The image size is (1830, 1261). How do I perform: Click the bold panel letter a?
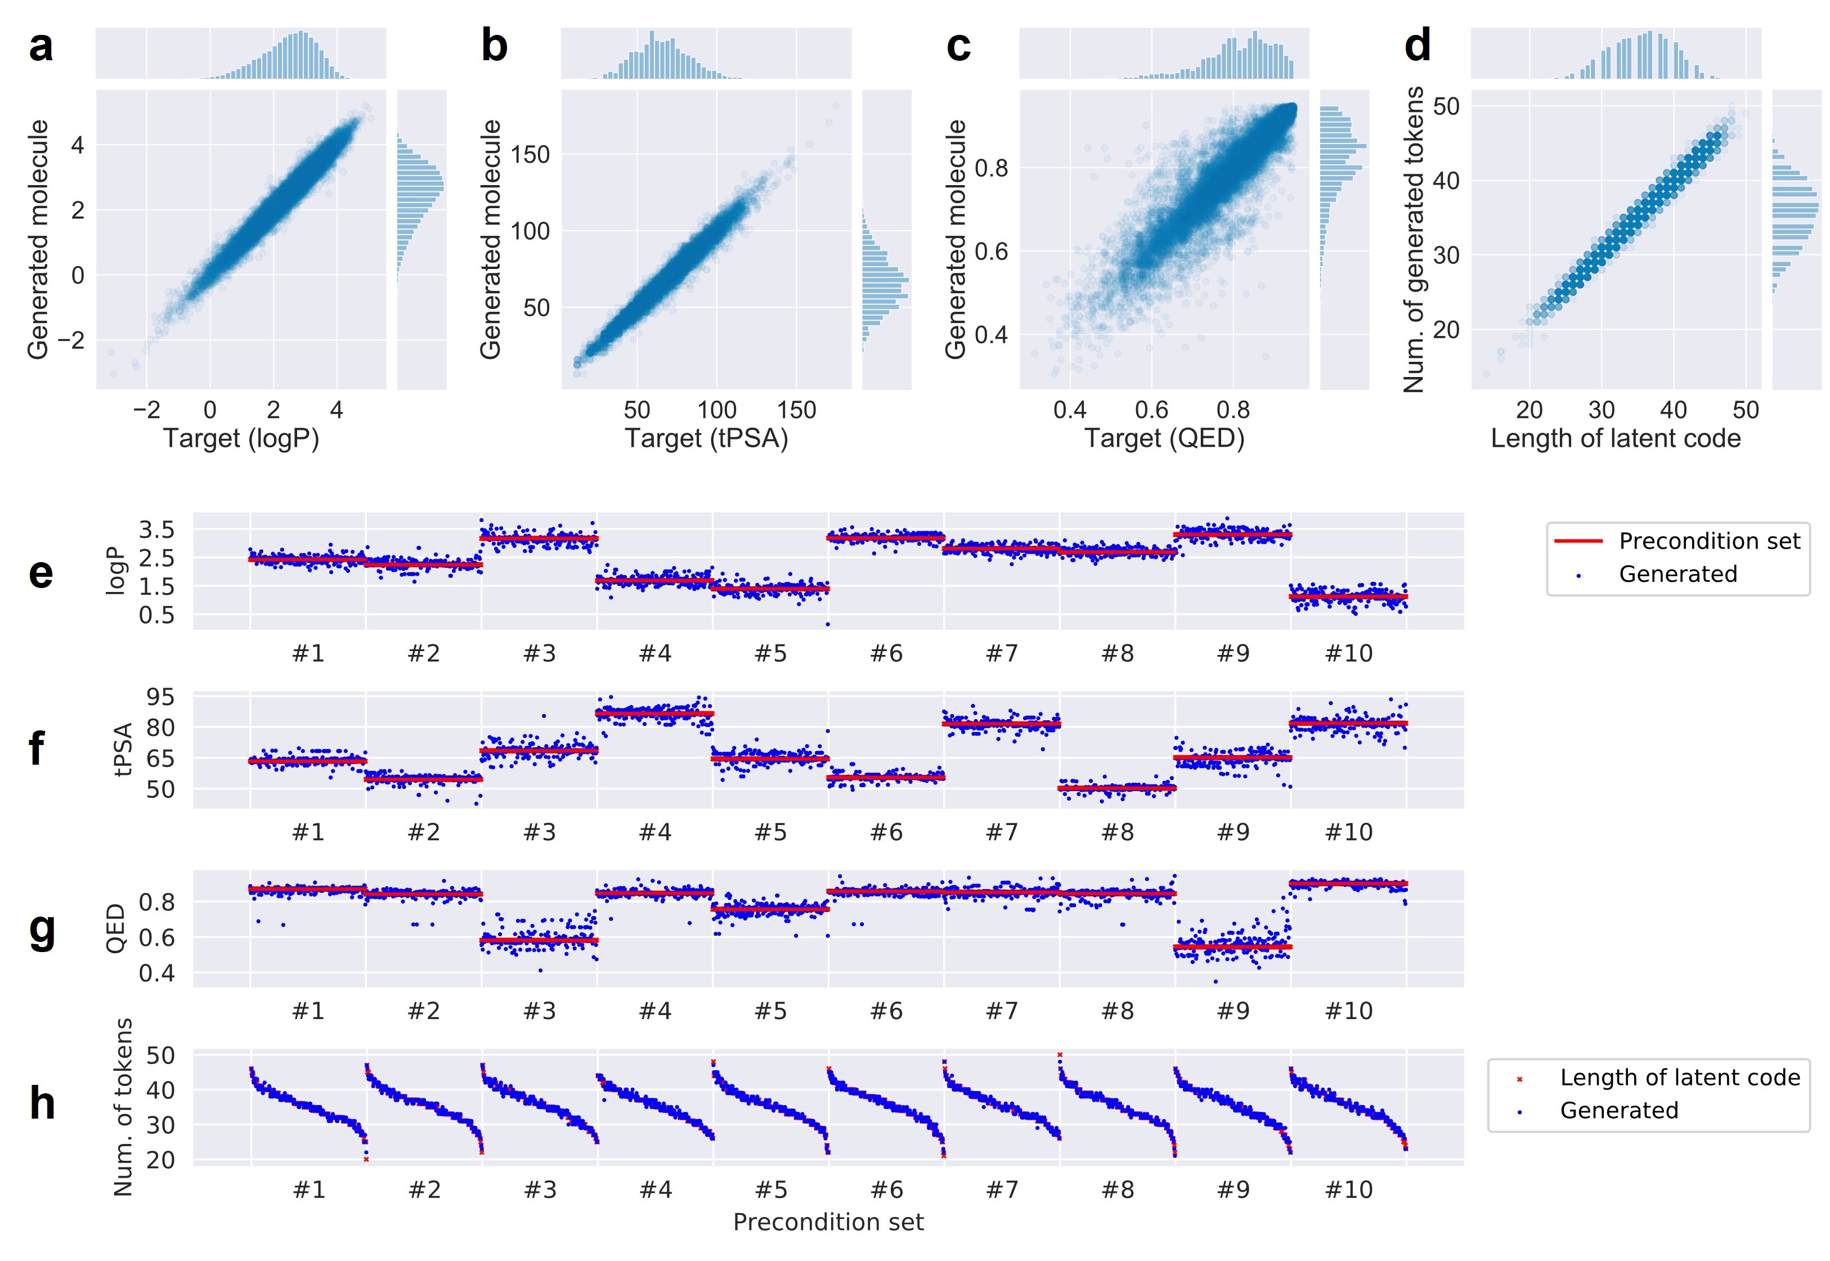coord(41,46)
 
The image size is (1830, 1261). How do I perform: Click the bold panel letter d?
coord(1418,45)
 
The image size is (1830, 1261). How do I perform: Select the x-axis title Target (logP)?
coord(241,438)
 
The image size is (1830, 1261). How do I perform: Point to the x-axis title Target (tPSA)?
coord(706,438)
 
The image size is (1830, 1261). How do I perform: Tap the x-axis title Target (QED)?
coord(1164,438)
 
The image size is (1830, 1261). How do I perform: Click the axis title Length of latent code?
coord(1615,438)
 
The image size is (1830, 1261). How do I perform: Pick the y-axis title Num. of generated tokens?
coord(1413,239)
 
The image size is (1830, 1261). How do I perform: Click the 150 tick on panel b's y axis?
coord(530,154)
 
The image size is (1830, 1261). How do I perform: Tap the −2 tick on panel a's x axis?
coord(146,410)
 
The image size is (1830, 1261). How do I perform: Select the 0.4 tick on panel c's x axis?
coord(1070,410)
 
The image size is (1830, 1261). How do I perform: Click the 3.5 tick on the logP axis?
coord(156,529)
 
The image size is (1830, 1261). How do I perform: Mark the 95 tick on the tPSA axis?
coord(160,697)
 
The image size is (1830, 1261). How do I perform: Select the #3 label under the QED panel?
coord(540,1011)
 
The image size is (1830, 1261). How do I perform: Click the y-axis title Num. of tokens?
coord(123,1106)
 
